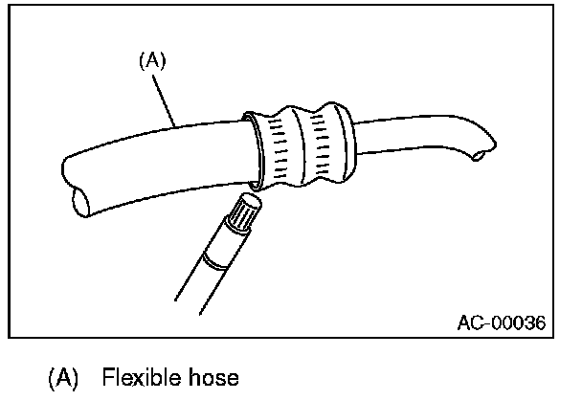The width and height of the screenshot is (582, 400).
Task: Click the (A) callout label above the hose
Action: [152, 59]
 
